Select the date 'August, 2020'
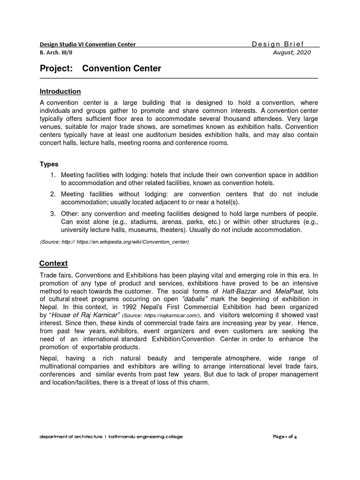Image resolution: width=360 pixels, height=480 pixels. [x=291, y=52]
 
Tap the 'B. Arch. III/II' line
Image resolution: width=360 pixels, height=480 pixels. [x=59, y=52]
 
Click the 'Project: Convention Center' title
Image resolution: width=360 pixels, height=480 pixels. [x=100, y=68]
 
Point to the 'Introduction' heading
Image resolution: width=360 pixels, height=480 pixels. [x=60, y=91]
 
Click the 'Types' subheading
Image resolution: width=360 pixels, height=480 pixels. [x=49, y=164]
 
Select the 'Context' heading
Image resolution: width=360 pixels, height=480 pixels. [x=53, y=263]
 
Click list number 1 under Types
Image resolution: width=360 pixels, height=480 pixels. [x=53, y=175]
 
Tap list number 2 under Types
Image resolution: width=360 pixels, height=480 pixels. [x=53, y=194]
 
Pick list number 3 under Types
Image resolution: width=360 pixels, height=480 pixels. [x=53, y=214]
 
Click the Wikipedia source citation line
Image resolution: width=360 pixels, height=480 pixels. [x=114, y=242]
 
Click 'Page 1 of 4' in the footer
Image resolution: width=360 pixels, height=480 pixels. [x=285, y=436]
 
